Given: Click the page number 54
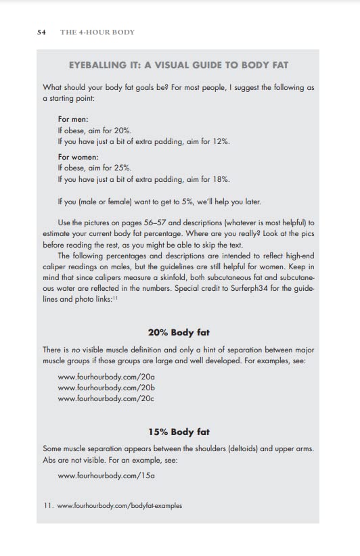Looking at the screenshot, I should tap(41, 32).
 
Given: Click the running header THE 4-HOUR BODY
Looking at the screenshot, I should tap(97, 32).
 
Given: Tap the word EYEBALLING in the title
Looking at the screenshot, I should tap(99, 65).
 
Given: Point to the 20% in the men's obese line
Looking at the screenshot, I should tap(123, 130).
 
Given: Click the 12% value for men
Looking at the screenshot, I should tap(221, 141).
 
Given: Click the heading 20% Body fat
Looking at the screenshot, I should tap(179, 332).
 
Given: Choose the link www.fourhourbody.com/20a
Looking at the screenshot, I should tap(106, 376).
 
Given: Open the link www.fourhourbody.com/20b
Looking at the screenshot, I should tap(106, 388).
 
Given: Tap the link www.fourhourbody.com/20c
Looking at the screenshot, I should tap(106, 399).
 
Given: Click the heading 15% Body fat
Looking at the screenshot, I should tap(179, 432).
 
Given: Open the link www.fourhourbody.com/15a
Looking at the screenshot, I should tap(107, 476).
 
